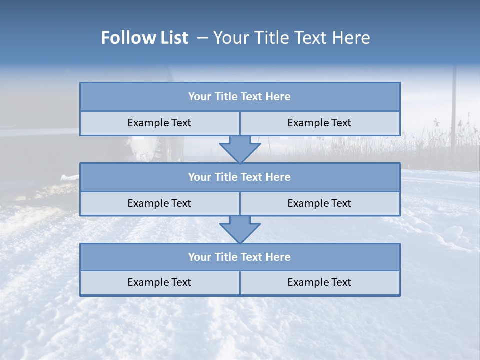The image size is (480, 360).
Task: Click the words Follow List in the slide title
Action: pos(144,38)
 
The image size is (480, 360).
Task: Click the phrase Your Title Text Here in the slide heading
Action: pos(291,38)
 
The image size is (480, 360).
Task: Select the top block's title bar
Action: pos(240,97)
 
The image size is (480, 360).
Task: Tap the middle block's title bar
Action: pos(240,177)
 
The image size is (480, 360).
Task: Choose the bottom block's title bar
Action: pos(240,257)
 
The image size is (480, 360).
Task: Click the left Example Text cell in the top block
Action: pos(159,123)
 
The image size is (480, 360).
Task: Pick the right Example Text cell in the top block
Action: pos(320,123)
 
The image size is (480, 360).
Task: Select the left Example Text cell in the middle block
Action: pos(159,203)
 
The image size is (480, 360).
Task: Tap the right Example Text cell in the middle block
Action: pos(320,203)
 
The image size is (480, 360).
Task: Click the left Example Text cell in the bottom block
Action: pos(159,283)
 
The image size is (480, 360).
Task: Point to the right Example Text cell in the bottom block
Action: pos(320,283)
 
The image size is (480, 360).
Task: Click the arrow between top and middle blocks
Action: pos(240,149)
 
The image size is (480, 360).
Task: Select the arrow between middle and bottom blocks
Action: pos(240,229)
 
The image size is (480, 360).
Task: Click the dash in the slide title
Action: pos(202,38)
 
